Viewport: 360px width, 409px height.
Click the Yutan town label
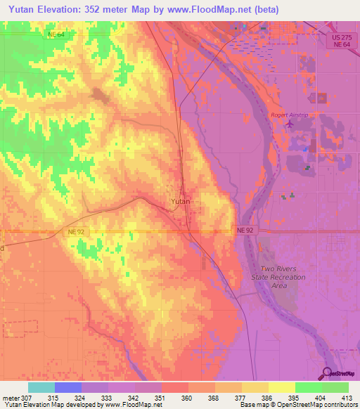tap(181, 201)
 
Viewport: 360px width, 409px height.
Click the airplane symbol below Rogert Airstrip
tap(290, 124)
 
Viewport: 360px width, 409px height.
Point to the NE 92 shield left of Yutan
tap(77, 231)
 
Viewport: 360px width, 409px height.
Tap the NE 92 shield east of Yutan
tap(245, 230)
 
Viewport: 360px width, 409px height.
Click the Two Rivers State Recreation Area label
tap(283, 278)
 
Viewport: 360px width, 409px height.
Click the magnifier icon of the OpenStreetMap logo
tap(326, 373)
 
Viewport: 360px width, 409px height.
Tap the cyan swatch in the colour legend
tap(41, 387)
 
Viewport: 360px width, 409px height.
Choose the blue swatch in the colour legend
tap(68, 387)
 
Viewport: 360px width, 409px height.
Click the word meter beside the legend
tap(11, 397)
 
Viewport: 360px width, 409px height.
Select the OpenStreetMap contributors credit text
tap(322, 405)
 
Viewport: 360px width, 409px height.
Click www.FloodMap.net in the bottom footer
tap(129, 405)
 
